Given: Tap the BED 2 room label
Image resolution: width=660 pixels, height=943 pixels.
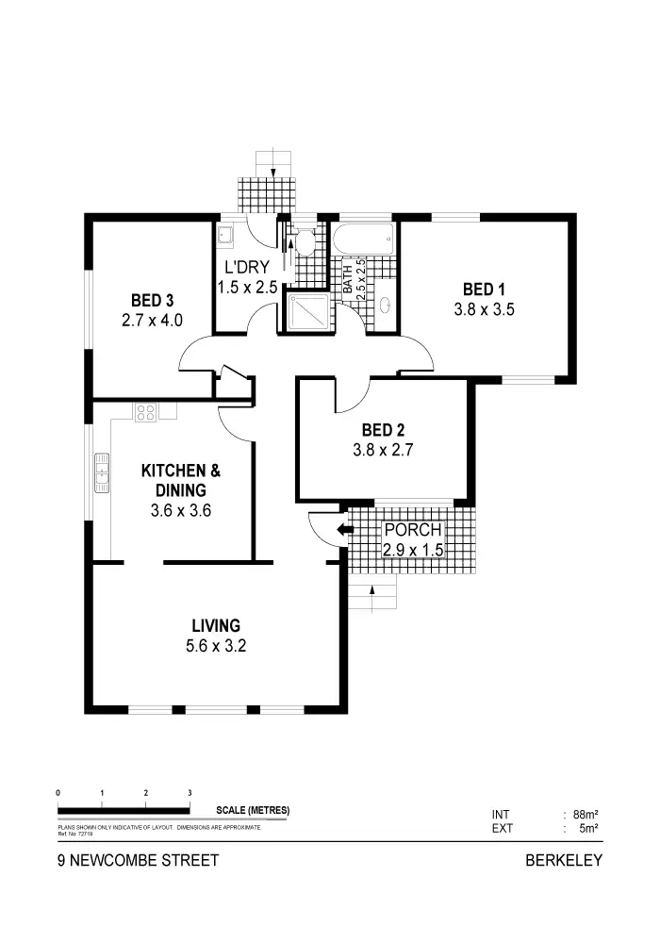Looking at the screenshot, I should pyautogui.click(x=383, y=432).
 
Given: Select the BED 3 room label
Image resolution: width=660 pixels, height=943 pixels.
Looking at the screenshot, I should pyautogui.click(x=152, y=301).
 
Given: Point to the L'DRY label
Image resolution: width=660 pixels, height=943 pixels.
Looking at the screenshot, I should pyautogui.click(x=248, y=269).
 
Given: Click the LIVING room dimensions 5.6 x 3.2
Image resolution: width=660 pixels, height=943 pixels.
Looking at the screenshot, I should pyautogui.click(x=216, y=646).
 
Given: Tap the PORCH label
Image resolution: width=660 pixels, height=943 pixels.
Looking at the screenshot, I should pyautogui.click(x=412, y=530).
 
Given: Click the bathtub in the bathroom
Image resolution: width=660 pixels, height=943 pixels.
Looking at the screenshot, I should pyautogui.click(x=363, y=239).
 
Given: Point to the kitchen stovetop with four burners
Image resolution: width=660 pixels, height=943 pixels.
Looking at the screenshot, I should pyautogui.click(x=146, y=411).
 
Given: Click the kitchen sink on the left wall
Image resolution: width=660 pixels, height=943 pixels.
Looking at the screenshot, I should pyautogui.click(x=101, y=472).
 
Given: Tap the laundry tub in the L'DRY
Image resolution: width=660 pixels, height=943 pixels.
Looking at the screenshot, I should pyautogui.click(x=226, y=236).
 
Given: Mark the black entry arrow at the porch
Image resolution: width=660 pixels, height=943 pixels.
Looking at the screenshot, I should pyautogui.click(x=345, y=530).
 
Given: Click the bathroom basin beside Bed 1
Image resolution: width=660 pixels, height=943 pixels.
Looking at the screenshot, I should pyautogui.click(x=385, y=306).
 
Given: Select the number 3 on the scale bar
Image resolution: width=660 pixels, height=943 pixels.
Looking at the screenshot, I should pyautogui.click(x=190, y=793).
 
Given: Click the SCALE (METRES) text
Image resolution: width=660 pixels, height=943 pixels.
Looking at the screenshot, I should pyautogui.click(x=253, y=810).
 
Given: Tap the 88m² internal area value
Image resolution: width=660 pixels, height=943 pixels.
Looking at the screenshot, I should pyautogui.click(x=586, y=814).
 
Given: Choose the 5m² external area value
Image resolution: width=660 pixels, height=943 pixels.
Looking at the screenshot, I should pyautogui.click(x=590, y=829).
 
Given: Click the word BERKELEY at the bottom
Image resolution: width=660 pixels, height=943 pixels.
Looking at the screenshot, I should pyautogui.click(x=563, y=860).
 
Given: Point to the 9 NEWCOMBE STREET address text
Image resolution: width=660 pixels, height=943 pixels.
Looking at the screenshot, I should pyautogui.click(x=138, y=860).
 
